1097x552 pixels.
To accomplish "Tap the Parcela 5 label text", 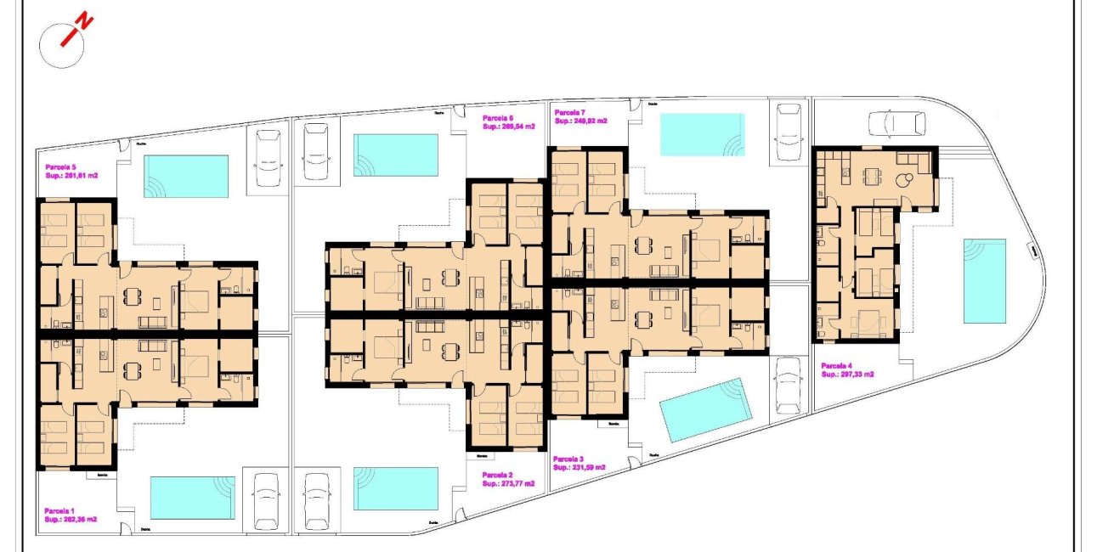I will (x=61, y=167).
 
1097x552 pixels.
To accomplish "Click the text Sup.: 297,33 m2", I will (x=847, y=374).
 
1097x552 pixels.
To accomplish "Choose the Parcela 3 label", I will (x=568, y=459).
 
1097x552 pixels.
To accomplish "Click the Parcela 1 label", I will (x=60, y=510).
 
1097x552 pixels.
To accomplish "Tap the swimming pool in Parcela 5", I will (x=186, y=176).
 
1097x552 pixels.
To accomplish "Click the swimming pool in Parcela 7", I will (x=701, y=135).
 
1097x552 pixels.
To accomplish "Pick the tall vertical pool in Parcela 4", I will (x=984, y=281).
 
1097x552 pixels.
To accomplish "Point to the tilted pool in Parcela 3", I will (x=706, y=409).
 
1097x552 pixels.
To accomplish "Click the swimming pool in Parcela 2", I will (x=395, y=488).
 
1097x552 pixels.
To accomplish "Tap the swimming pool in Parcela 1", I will (x=192, y=497).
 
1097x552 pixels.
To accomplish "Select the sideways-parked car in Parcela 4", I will (x=896, y=124).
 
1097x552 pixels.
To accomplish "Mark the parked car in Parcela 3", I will (x=789, y=384).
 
